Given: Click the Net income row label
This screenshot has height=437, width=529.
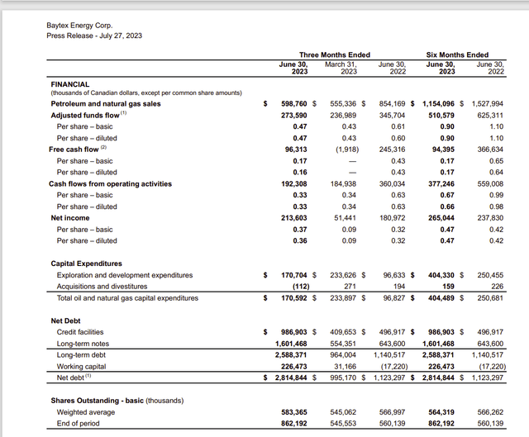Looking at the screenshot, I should pyautogui.click(x=70, y=217).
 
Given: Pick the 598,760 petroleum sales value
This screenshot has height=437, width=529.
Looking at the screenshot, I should pyautogui.click(x=300, y=103).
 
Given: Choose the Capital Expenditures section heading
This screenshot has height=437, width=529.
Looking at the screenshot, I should pyautogui.click(x=93, y=263).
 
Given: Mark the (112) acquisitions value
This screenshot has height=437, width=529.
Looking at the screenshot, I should pyautogui.click(x=308, y=285).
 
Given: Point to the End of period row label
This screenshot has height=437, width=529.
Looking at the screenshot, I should pyautogui.click(x=79, y=422).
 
